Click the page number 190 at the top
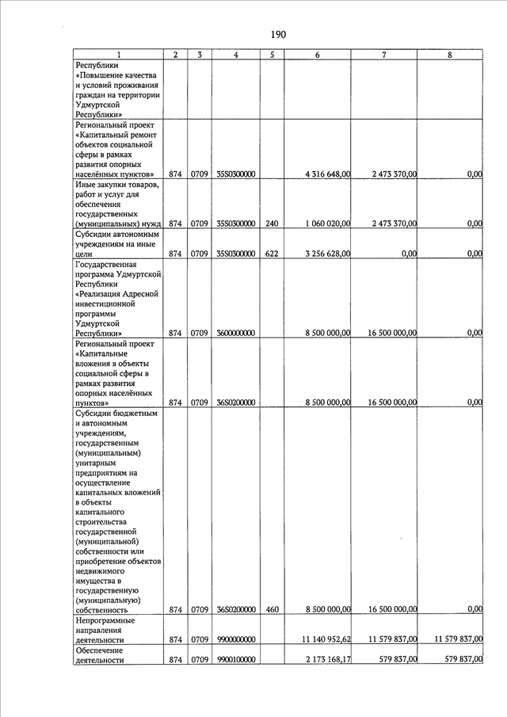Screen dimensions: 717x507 (277, 34)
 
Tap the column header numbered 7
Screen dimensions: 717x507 (383, 55)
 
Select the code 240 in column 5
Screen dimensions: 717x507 (271, 224)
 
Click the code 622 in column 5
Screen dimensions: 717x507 (271, 254)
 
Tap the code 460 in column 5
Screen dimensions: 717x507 (271, 609)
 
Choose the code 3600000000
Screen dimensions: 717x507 (236, 334)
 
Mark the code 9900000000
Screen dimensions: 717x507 (236, 639)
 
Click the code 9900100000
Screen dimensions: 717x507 (236, 659)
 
